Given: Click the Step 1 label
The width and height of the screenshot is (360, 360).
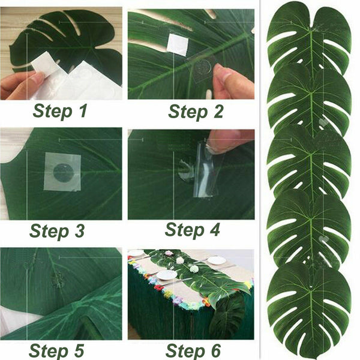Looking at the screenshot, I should point(61,110).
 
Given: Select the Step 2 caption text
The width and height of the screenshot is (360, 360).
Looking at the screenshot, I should point(196,110).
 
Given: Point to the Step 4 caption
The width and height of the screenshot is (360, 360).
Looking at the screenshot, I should point(193,230).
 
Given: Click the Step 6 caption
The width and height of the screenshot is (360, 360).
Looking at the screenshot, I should point(193,350).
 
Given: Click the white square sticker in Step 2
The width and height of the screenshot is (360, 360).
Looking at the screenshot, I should point(178,44).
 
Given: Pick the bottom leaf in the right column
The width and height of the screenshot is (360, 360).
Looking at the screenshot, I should point(309,312).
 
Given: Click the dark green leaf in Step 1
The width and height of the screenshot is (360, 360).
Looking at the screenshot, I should point(66,36).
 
